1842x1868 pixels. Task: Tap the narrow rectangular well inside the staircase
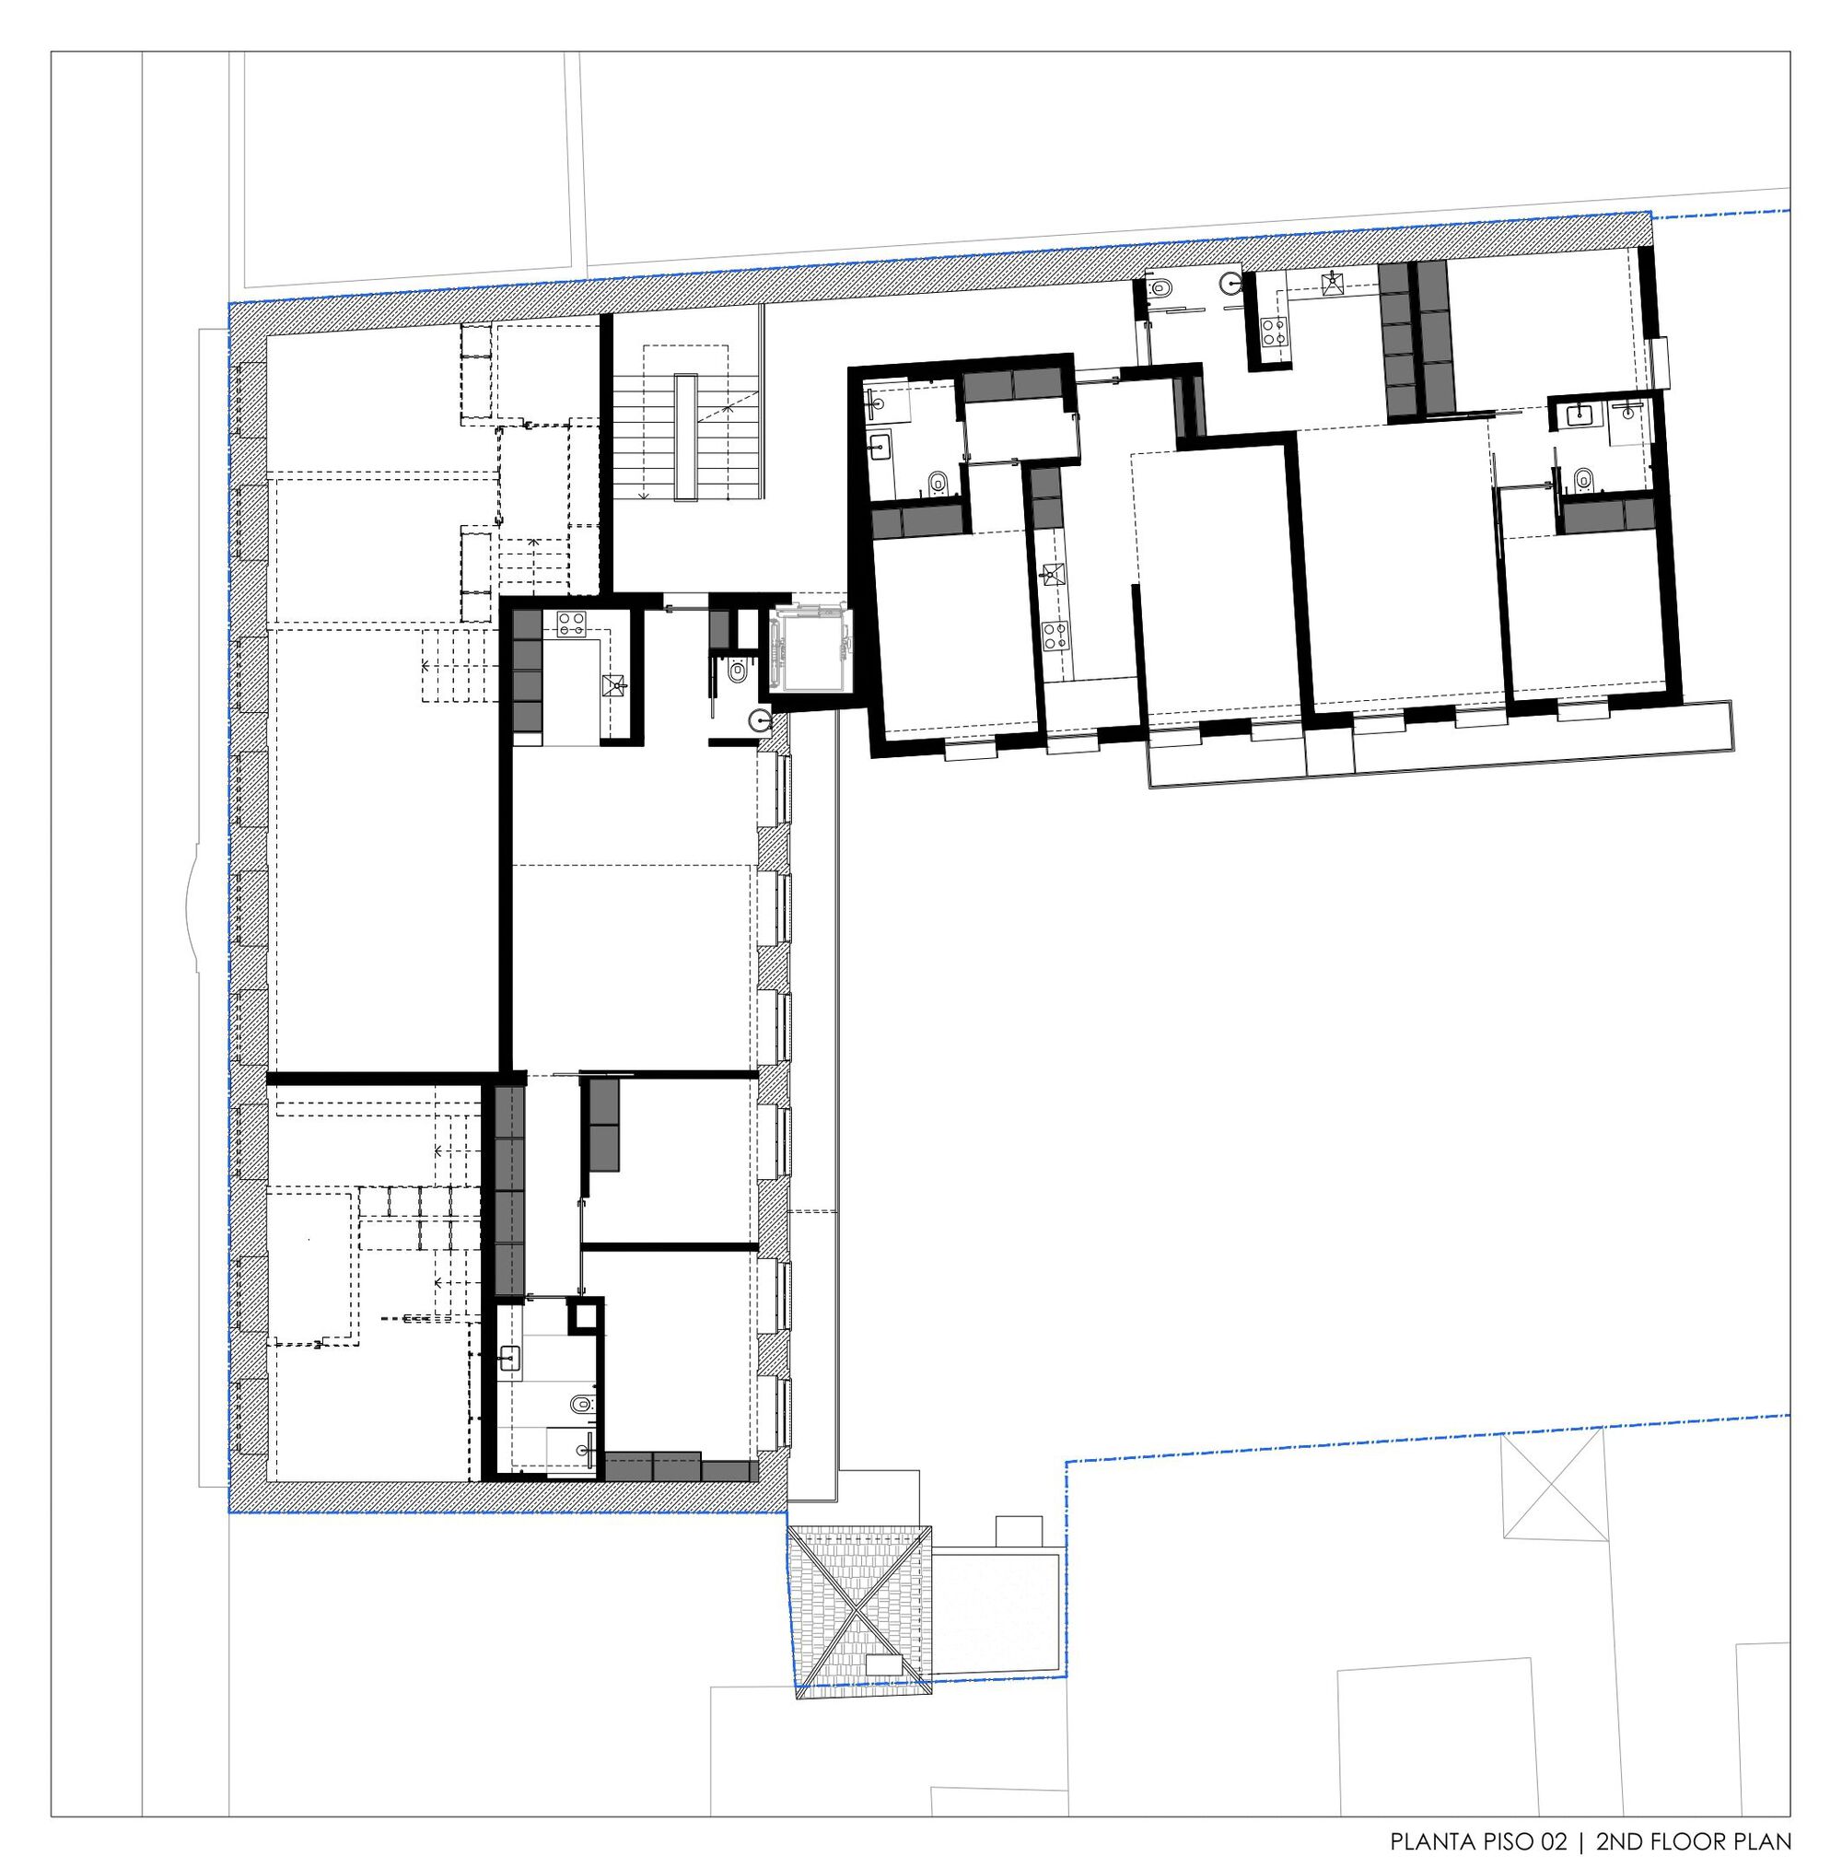(x=687, y=437)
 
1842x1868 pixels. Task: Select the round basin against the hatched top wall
(x=1229, y=283)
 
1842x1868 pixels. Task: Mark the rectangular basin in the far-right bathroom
(x=1579, y=415)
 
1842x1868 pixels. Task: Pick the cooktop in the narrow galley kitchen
(x=1053, y=635)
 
